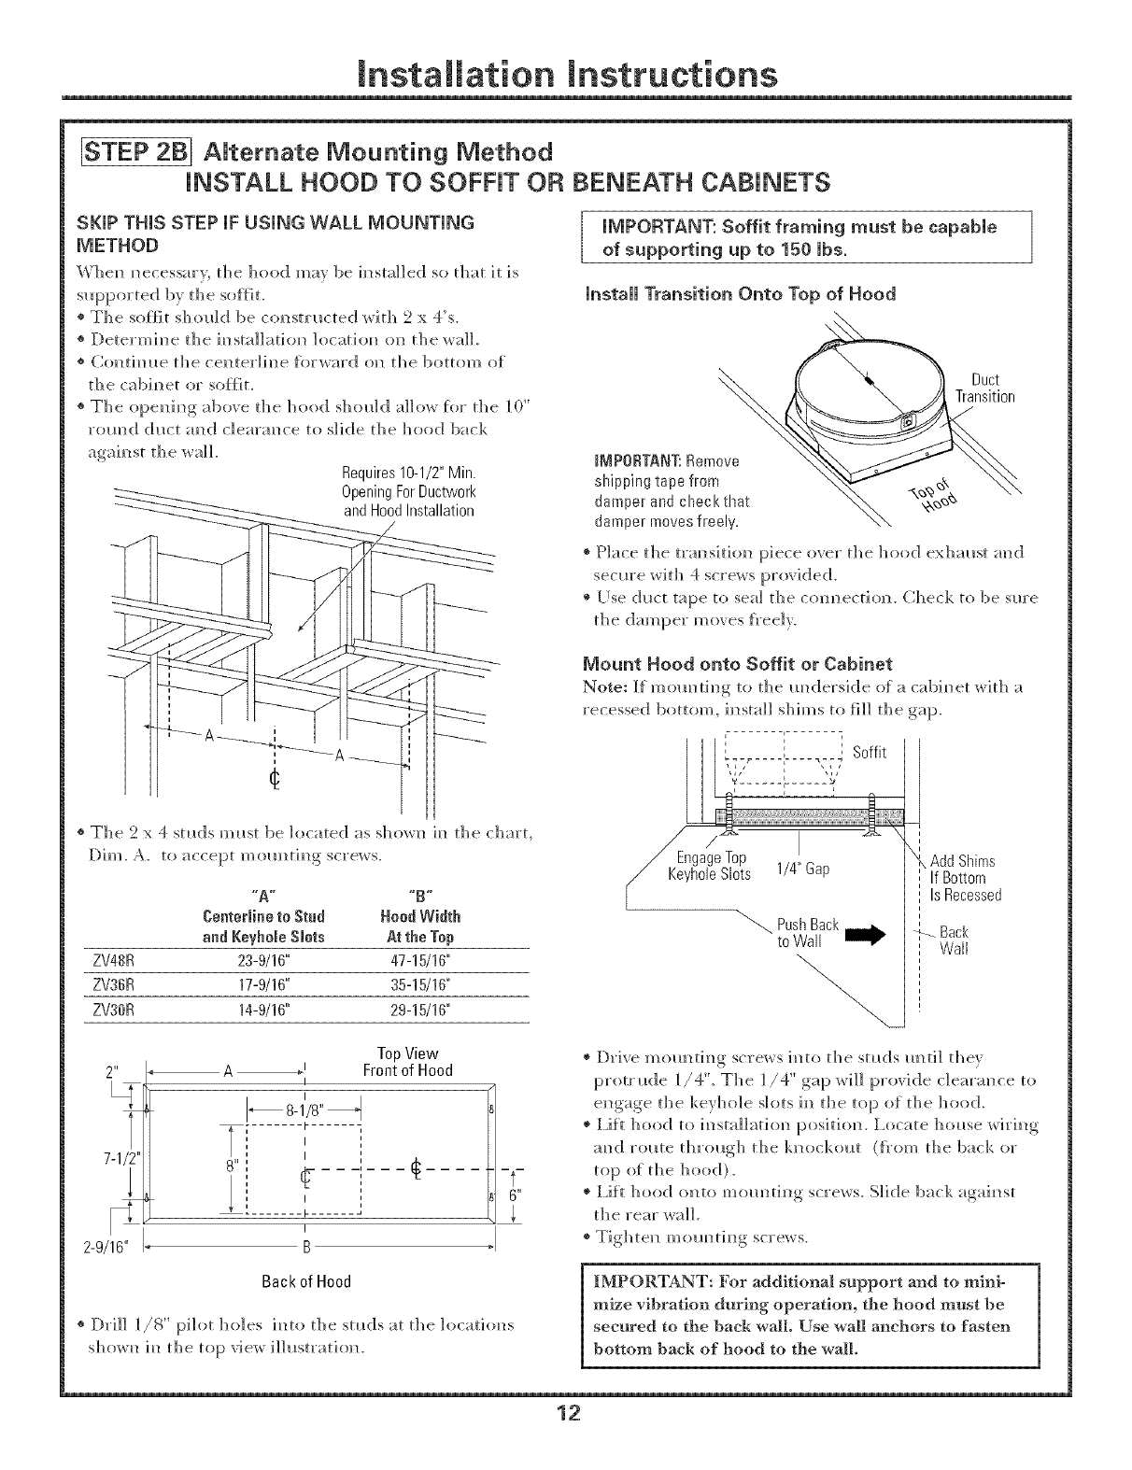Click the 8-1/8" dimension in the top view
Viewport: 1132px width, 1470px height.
[x=304, y=1111]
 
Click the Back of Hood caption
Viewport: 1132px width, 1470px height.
[x=305, y=1281]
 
